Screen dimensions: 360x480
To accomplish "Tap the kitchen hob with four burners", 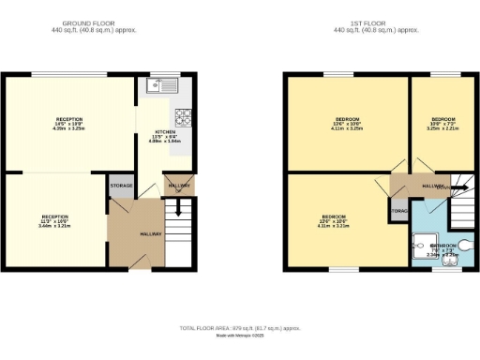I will click(184, 118).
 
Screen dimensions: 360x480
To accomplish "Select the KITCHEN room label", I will click(164, 133).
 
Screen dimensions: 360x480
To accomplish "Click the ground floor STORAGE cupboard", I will click(121, 186).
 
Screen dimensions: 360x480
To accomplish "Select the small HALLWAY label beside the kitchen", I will click(178, 185).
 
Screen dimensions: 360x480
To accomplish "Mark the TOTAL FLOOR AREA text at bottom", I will click(240, 328).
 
